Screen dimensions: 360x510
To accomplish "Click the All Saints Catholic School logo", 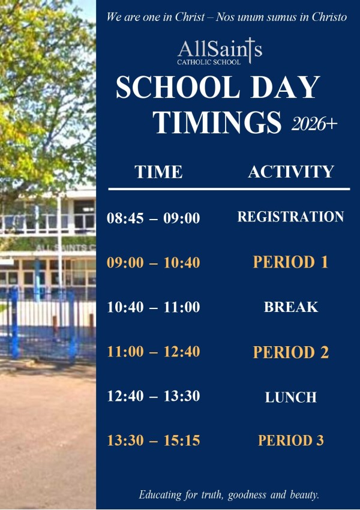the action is tap(220, 52).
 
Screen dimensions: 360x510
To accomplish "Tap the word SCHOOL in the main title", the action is tap(178, 87).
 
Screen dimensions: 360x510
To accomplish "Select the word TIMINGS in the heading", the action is tap(217, 122).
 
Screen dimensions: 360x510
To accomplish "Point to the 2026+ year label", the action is tap(314, 124).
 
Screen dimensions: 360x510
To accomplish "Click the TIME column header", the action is tap(158, 172).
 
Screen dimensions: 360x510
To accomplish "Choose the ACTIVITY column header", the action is tap(291, 172).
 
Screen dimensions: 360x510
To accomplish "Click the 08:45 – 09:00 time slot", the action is tap(153, 218).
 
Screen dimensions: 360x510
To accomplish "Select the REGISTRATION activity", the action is tap(291, 217).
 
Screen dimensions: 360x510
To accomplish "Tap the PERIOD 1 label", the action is tap(291, 262).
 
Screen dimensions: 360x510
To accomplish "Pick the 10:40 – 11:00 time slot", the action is tap(153, 307).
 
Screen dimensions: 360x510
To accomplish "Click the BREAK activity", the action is tap(291, 307).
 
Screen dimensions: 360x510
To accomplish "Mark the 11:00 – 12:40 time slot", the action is tap(153, 352).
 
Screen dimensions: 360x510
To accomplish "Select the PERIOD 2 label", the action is tap(291, 352).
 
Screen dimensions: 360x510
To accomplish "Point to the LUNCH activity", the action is tap(291, 397).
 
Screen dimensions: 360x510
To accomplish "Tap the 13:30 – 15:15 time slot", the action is tap(153, 440).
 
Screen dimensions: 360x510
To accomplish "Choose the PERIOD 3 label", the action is tap(291, 440).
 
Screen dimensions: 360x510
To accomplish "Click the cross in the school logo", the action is tap(250, 50).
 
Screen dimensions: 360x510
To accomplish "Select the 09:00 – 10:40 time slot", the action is tap(153, 262).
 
